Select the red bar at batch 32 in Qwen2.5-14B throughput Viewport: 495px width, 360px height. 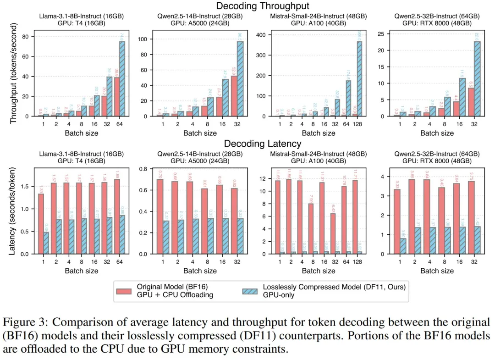(x=234, y=96)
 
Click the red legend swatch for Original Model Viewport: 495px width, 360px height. (x=124, y=291)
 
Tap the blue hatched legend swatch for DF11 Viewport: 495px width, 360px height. (x=250, y=291)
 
